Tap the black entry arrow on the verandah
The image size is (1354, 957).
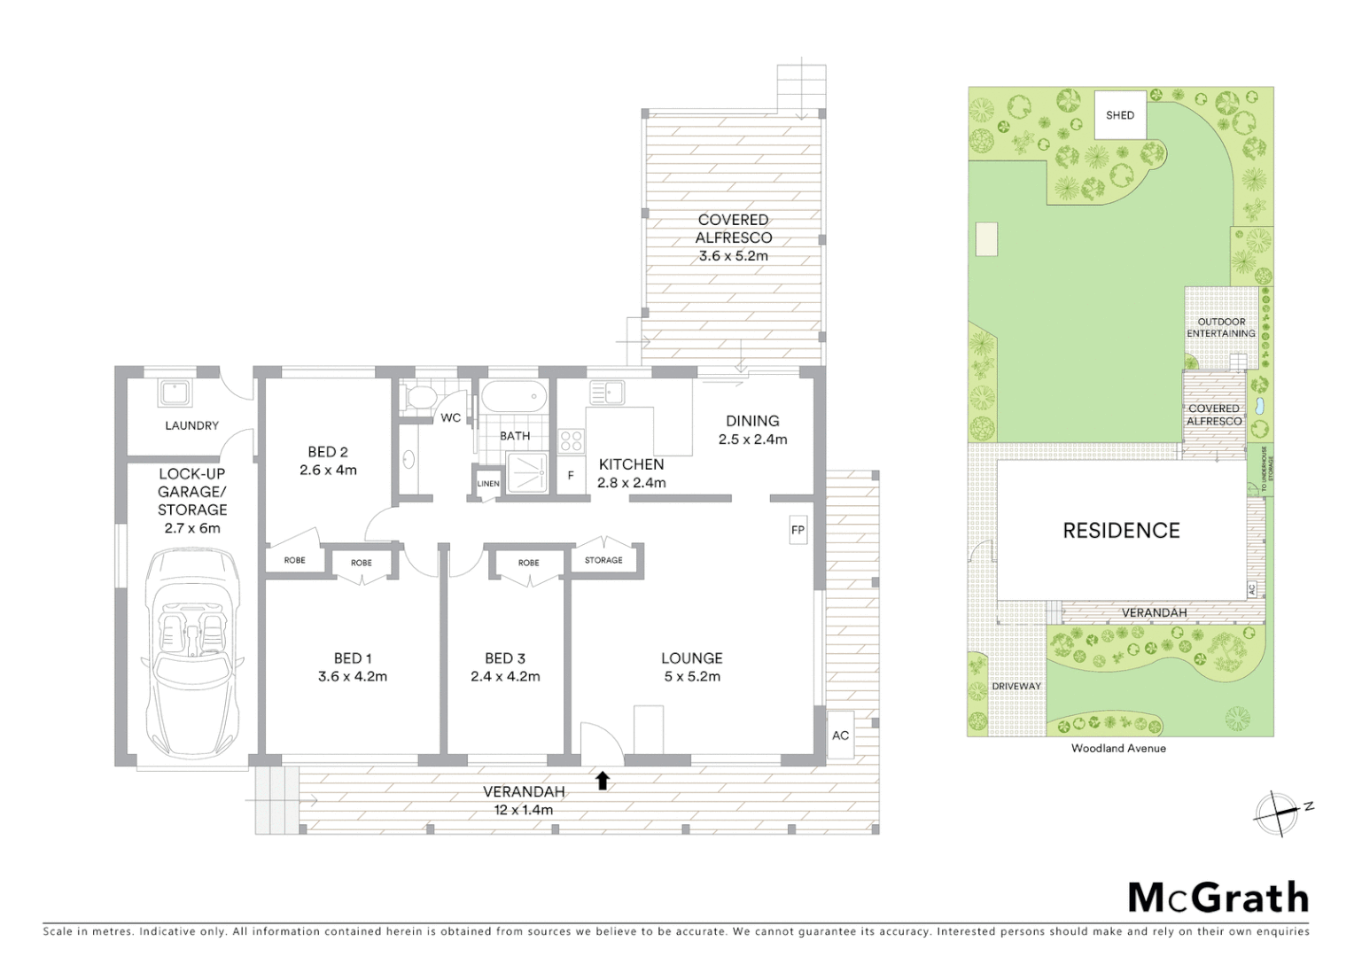tap(603, 780)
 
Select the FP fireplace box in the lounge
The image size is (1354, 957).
tap(798, 530)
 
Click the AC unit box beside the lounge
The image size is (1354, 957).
tap(840, 735)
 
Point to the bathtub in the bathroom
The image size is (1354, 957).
tap(514, 397)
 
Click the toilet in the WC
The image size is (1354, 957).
tap(416, 398)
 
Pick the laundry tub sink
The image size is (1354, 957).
tap(171, 392)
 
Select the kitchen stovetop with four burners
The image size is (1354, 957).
tap(571, 441)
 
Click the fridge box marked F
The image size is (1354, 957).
tap(571, 476)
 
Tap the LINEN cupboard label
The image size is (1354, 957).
tap(488, 484)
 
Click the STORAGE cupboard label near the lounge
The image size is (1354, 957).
tap(603, 560)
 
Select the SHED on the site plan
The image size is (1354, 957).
tap(1120, 115)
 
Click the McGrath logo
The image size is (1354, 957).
tap(1218, 898)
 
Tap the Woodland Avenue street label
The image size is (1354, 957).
tap(1118, 748)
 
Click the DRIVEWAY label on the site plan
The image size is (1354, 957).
tap(1016, 686)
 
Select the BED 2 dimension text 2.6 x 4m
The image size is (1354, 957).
tap(328, 471)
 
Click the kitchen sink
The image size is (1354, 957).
tap(607, 392)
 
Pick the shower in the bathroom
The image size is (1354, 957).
tap(526, 473)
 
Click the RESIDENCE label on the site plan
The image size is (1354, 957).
tap(1121, 530)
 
